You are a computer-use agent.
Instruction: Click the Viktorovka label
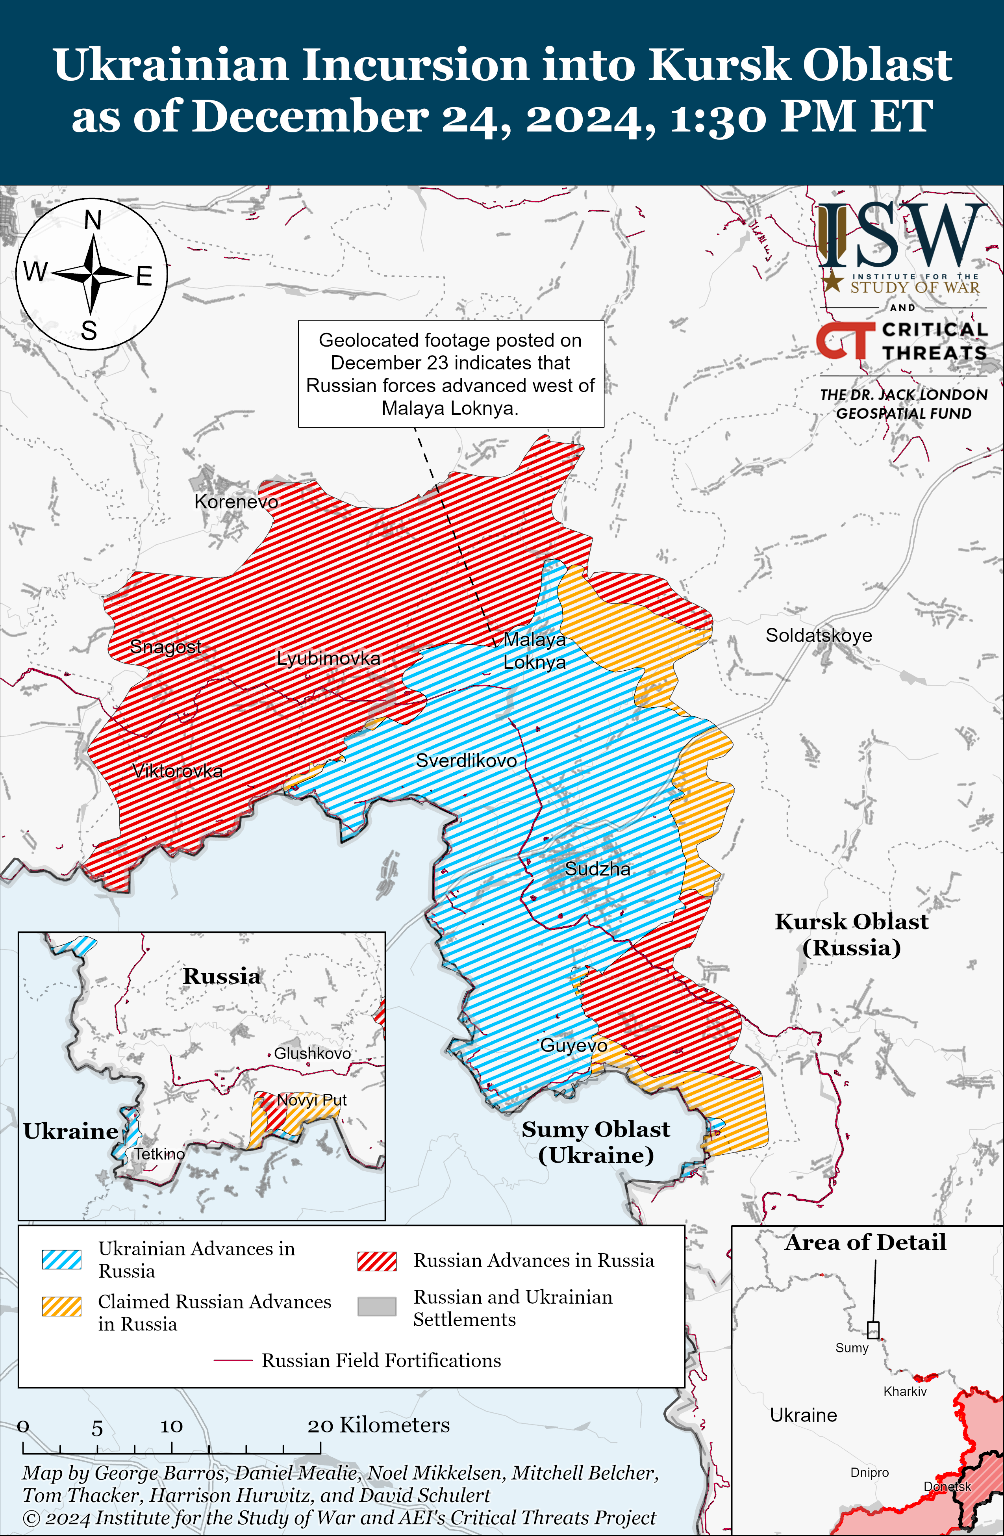(178, 771)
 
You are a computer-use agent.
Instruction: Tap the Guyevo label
(573, 1045)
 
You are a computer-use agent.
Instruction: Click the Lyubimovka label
(328, 658)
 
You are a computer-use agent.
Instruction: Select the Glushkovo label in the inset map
(312, 1053)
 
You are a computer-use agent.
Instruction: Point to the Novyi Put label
(312, 1100)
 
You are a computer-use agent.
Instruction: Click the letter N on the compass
(93, 221)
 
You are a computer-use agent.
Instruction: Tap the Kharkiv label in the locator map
(905, 1391)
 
